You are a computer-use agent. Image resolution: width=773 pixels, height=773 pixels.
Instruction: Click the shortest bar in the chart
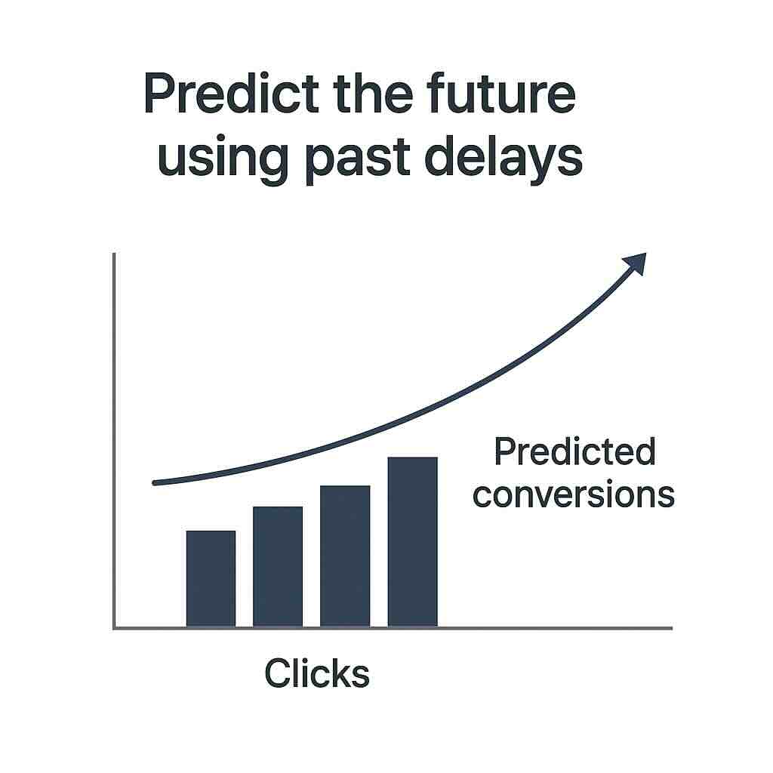point(211,578)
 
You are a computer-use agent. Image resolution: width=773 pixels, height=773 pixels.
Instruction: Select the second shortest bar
point(278,566)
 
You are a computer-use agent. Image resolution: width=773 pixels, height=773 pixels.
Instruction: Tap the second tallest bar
point(345,556)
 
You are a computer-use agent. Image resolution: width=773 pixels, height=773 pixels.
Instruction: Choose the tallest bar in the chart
point(412,541)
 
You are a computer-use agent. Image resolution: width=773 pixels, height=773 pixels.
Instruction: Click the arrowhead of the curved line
point(636,263)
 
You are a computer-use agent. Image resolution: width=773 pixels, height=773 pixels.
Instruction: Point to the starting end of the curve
point(155,482)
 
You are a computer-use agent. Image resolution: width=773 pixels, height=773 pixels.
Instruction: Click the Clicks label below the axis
point(317,673)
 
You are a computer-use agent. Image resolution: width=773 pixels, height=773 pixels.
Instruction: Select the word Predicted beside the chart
point(574,453)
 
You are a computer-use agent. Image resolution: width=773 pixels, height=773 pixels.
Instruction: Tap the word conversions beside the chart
point(573,495)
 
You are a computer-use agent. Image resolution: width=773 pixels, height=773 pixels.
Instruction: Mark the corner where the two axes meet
point(114,627)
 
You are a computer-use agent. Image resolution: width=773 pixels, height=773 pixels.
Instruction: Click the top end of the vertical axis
point(114,255)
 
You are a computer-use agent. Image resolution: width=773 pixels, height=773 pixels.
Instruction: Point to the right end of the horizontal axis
point(670,627)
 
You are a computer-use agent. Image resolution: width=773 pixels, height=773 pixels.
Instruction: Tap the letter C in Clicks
point(276,673)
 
